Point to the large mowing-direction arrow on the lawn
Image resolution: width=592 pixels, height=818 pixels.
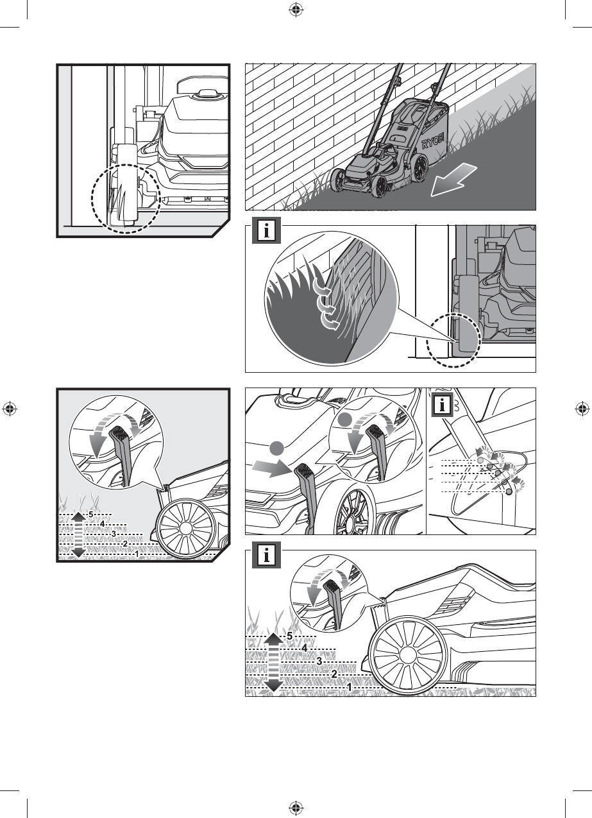[454, 179]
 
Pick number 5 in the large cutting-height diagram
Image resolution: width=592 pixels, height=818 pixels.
[290, 635]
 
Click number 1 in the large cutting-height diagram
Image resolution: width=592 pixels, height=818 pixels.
[350, 686]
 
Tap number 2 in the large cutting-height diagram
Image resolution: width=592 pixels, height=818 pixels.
[334, 674]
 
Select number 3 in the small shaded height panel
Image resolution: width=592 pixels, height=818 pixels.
[113, 533]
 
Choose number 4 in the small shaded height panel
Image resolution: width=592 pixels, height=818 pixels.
[102, 523]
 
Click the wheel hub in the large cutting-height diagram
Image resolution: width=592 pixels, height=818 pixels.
[406, 654]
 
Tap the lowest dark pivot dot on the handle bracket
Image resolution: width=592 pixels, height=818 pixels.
[509, 491]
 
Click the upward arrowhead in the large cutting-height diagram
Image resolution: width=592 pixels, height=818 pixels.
[274, 636]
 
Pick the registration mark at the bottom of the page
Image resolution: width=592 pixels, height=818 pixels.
[296, 808]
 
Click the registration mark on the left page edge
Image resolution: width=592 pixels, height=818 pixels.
[10, 409]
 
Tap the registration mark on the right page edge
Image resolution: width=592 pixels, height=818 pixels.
[582, 409]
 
